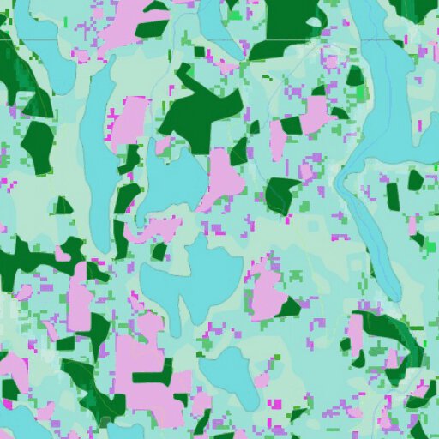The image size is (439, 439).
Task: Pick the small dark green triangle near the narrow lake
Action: point(63,206)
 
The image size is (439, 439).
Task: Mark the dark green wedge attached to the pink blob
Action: point(289,306)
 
